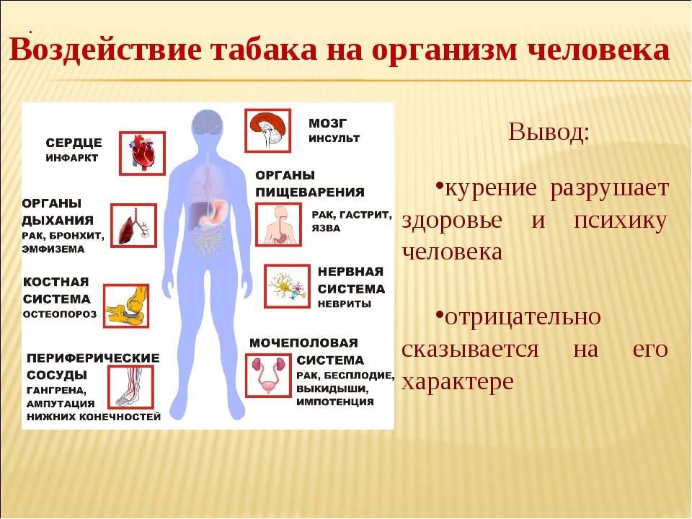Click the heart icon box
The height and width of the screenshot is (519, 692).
[142, 153]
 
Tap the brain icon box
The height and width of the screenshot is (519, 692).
[268, 130]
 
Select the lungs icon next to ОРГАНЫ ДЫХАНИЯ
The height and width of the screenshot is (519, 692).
[134, 226]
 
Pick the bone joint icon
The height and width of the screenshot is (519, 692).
[126, 306]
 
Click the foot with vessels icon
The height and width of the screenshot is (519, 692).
[130, 387]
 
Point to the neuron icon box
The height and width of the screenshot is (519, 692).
[288, 286]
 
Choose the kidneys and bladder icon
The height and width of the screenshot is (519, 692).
[268, 376]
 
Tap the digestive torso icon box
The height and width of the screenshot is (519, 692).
[278, 225]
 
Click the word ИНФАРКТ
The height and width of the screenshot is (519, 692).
[72, 158]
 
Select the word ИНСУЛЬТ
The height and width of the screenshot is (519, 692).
[334, 138]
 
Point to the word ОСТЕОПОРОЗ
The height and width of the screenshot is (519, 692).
[60, 314]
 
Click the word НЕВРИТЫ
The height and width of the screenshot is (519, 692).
[345, 304]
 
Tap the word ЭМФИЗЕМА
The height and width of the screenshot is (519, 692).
[53, 249]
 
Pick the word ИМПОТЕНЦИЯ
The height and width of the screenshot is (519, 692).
[335, 402]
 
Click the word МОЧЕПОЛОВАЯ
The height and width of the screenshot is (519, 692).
[303, 343]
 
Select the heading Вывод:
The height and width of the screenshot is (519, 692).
[549, 131]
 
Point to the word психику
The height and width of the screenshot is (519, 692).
[620, 221]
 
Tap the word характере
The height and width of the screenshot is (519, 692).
[458, 381]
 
